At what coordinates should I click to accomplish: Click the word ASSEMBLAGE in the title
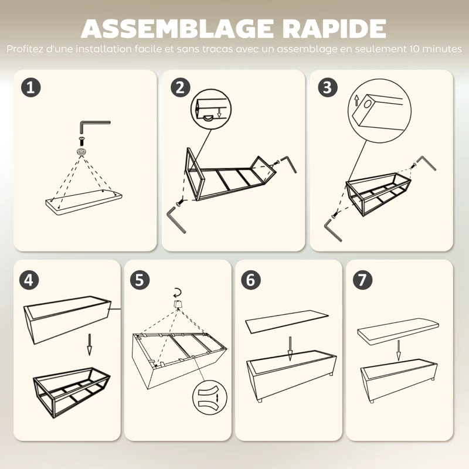tap(177, 28)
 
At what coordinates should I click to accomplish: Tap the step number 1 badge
tap(31, 87)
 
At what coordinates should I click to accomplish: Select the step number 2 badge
tap(181, 87)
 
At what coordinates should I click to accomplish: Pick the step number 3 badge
tap(328, 87)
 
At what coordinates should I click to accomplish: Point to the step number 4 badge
tap(29, 280)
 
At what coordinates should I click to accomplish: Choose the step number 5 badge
tap(140, 280)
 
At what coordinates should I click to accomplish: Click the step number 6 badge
tap(251, 280)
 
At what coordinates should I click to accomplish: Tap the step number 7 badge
tap(362, 280)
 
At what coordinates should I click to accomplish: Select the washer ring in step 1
tap(81, 151)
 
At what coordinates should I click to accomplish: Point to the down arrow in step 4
tap(89, 345)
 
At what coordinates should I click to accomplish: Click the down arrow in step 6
tap(290, 349)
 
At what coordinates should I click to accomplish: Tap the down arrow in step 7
tap(399, 351)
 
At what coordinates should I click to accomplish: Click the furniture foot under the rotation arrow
tap(178, 304)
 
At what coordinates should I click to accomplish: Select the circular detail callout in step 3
tap(379, 111)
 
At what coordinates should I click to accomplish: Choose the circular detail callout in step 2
tap(211, 109)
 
